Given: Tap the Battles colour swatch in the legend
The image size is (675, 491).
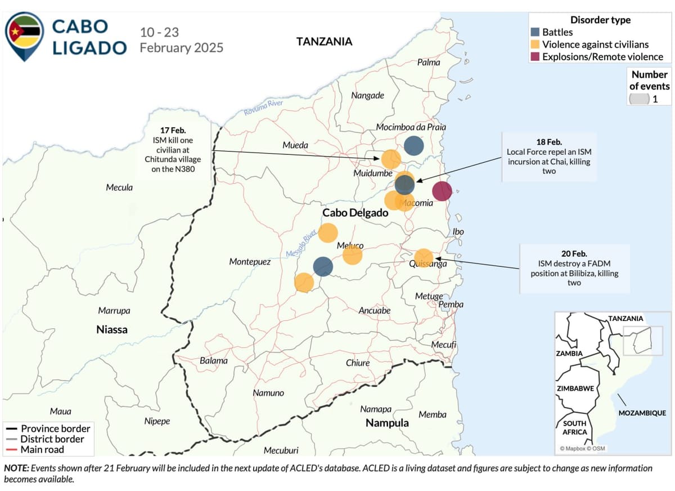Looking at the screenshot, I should coord(535,32).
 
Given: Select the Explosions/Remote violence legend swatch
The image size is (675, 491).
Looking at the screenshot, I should coord(535,56).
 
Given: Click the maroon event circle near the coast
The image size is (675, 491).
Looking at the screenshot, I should coord(442,191).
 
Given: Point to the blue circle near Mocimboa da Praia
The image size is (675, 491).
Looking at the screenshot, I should coord(413,146).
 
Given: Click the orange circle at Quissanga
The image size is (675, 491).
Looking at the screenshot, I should coord(424,258).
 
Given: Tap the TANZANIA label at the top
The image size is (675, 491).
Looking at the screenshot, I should coord(324,41).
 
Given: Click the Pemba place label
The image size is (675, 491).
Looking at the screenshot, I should coord(451,304).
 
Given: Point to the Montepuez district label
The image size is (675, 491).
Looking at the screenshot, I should coord(250,262).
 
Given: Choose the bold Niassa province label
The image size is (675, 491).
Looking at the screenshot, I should coord(112,329).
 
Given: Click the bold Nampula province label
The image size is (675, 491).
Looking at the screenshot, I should coord(387,422).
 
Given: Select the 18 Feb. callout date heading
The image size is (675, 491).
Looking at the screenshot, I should coord(549,142).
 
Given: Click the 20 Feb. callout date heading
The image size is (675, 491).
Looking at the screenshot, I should coord(574,253).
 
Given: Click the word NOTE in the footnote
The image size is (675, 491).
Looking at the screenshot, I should coord(16,468).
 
